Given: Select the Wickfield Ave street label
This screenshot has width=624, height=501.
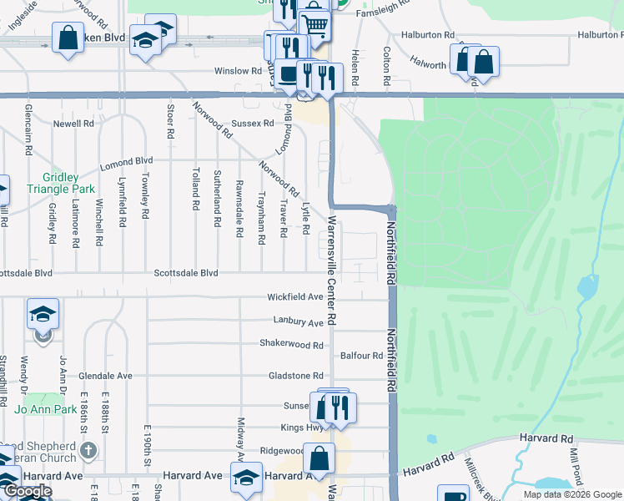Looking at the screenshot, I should [x=294, y=296].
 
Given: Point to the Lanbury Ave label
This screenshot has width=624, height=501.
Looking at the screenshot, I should [x=298, y=321].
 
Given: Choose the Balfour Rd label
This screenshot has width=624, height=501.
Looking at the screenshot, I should [x=361, y=356].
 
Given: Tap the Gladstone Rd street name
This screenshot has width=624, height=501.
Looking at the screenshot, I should [x=295, y=376].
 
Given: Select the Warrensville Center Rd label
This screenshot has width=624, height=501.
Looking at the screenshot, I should [x=331, y=271].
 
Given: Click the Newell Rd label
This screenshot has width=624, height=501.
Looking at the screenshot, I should [x=73, y=123].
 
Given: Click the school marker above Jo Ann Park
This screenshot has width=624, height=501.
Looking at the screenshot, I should [x=43, y=314].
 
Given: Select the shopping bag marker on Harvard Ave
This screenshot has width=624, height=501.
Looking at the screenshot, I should [x=319, y=458].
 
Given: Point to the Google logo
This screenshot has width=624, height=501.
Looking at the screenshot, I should [x=27, y=491].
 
